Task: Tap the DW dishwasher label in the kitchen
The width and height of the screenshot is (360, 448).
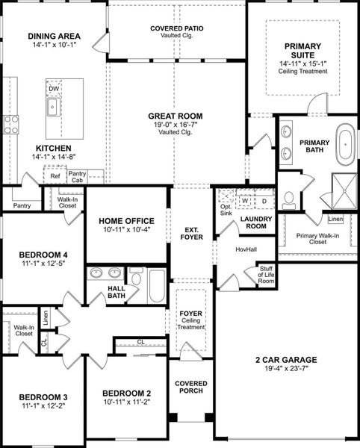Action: [53, 88]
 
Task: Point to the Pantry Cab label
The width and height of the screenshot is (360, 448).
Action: [77, 177]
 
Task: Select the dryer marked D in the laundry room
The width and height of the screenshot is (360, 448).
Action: [264, 200]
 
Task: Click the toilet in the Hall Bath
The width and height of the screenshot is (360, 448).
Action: [135, 278]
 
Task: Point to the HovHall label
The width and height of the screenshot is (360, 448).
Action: [246, 249]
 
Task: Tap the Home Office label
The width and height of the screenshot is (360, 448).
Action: [126, 221]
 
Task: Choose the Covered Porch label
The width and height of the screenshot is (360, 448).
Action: [190, 388]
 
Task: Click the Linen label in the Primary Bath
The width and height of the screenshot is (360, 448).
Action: [335, 220]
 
